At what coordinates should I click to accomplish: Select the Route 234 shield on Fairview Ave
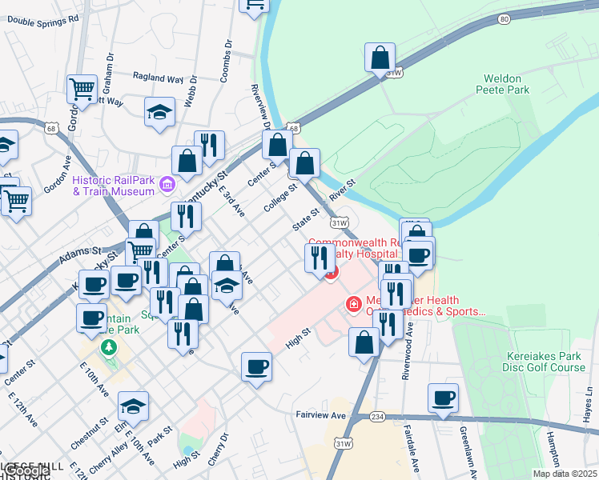tap(378, 416)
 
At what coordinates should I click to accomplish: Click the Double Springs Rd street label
tap(43, 18)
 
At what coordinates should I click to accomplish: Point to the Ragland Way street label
tap(158, 78)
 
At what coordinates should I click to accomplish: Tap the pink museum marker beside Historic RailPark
tap(167, 186)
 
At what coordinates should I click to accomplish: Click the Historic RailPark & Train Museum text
tap(113, 185)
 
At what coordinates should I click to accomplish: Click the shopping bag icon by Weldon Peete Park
tap(380, 58)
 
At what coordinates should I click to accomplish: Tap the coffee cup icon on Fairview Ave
tap(442, 398)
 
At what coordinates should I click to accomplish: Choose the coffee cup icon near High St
tap(256, 366)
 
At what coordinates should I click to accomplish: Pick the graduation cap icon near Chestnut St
tap(133, 406)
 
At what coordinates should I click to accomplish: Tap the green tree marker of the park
tap(108, 349)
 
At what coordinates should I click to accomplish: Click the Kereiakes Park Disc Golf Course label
tap(546, 362)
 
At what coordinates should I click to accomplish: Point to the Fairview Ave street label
tap(320, 415)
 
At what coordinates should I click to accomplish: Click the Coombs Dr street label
tap(227, 60)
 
